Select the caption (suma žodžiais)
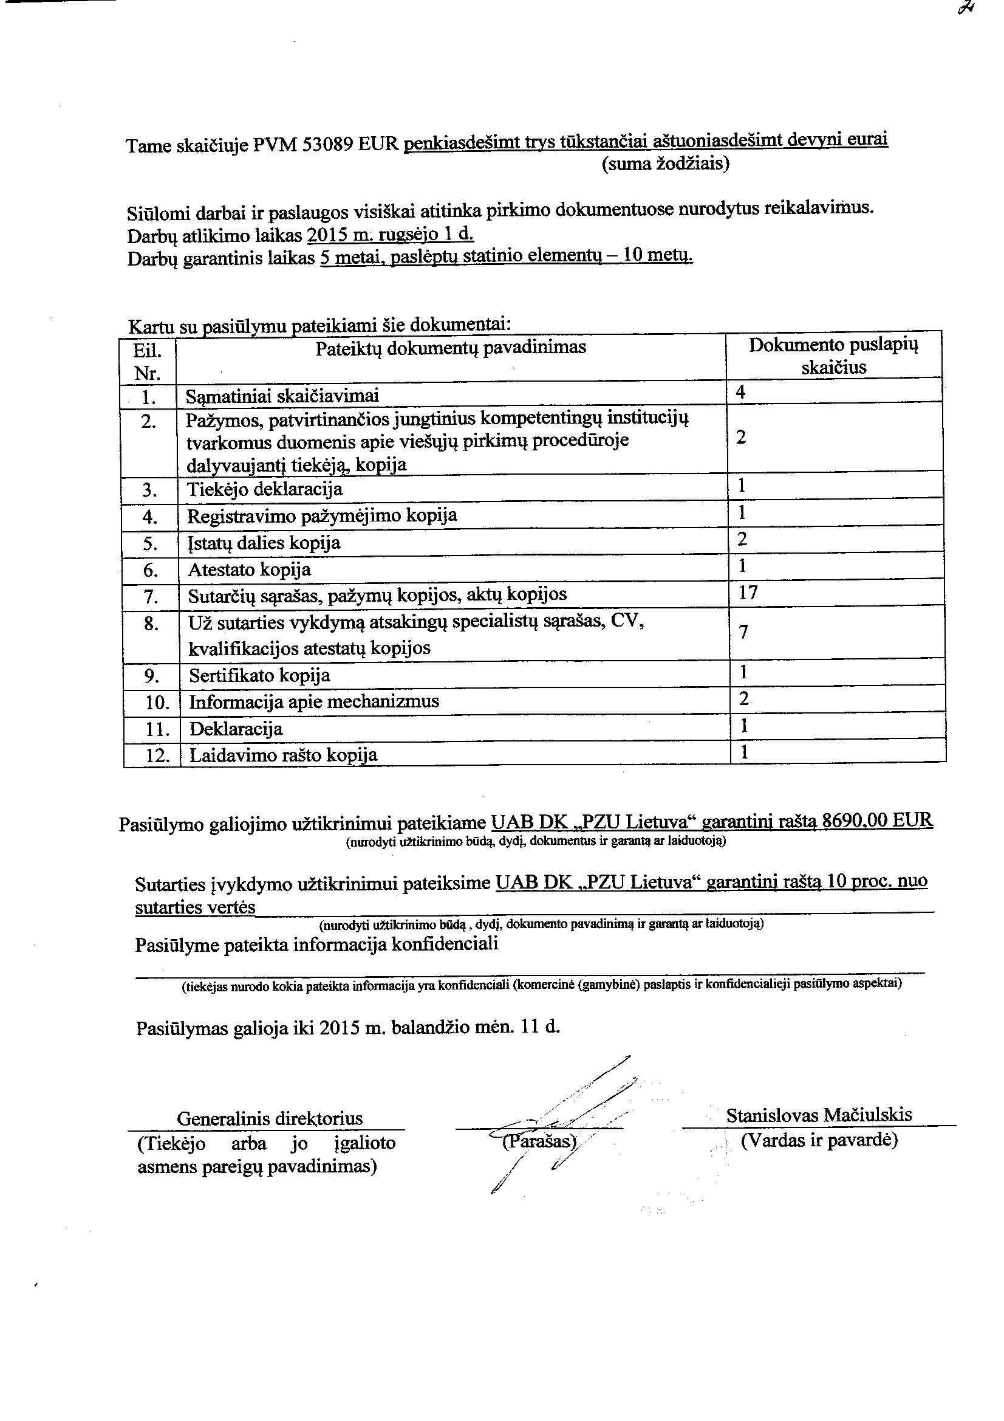tap(665, 164)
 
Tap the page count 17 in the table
tap(748, 593)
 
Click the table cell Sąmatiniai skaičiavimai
tap(282, 396)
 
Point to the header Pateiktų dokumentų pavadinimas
tap(450, 348)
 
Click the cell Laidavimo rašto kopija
tap(283, 755)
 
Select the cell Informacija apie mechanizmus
tap(314, 701)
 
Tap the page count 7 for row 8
tap(744, 632)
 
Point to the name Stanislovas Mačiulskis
tap(818, 1115)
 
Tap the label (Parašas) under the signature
tap(538, 1141)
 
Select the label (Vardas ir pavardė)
tap(819, 1140)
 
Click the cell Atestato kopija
tap(249, 569)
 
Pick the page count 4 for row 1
tap(741, 393)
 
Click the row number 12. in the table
tap(157, 755)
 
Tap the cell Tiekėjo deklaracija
tap(265, 489)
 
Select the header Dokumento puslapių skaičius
tap(833, 356)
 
